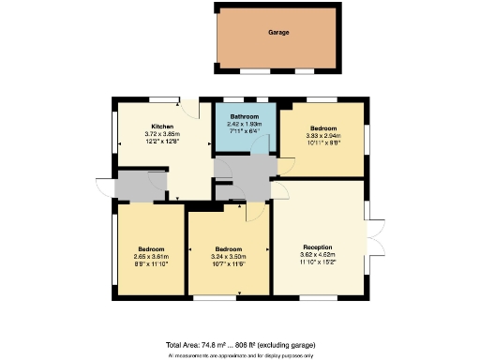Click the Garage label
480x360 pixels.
277,33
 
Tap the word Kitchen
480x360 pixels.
162,126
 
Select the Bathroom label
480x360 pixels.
245,116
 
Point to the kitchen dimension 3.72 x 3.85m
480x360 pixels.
162,134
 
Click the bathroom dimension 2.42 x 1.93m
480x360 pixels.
245,125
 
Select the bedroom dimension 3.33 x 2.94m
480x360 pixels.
324,137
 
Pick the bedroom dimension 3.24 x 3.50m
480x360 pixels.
229,257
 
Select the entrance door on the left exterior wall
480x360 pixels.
103,186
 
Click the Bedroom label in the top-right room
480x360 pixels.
324,128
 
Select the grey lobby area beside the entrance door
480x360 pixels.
137,186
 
